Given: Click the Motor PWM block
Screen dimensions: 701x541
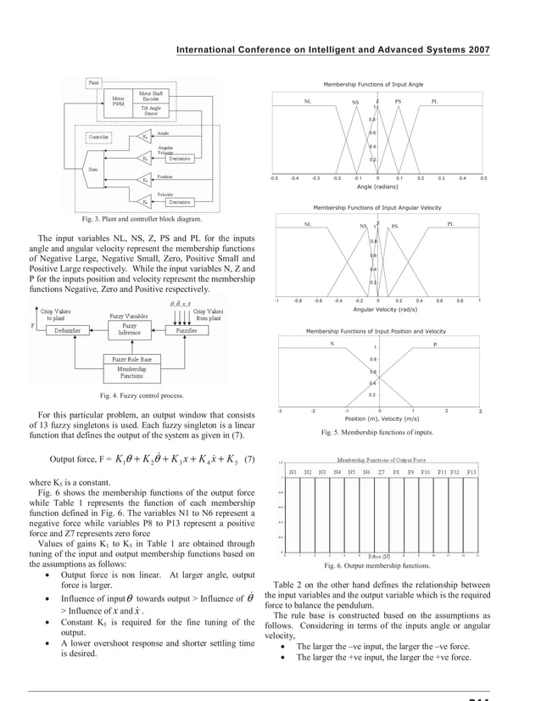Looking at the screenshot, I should click(x=118, y=103).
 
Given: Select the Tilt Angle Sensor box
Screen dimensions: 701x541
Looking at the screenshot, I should click(x=149, y=110).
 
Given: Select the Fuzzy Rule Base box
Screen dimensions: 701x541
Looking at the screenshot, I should click(x=131, y=360).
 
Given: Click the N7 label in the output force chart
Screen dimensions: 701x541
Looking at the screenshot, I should click(x=381, y=472).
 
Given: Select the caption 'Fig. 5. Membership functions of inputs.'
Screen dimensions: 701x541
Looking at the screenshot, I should click(x=376, y=432).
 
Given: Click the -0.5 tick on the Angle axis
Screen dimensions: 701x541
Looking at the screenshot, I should click(x=273, y=179).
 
